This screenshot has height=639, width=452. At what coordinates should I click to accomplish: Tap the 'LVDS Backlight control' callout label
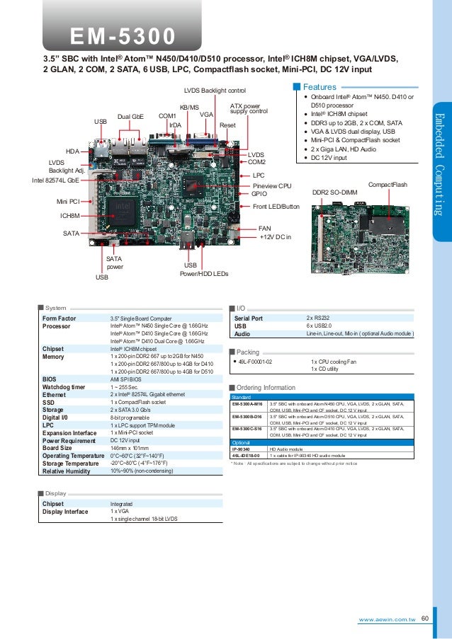214,91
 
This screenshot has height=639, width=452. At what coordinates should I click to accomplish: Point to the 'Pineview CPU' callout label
272,185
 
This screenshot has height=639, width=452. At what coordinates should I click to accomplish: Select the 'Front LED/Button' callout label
276,207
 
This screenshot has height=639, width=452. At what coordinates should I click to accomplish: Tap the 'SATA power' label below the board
114,263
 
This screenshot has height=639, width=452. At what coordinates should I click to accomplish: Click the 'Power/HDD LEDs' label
204,273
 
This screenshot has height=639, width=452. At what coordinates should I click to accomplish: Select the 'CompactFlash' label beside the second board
388,185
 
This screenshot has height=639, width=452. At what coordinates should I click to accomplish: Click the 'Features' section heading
319,87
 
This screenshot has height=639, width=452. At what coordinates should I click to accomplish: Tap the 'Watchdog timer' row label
65,386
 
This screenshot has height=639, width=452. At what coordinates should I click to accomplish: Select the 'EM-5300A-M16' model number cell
247,404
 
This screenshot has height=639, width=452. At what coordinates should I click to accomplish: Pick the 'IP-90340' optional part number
241,449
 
